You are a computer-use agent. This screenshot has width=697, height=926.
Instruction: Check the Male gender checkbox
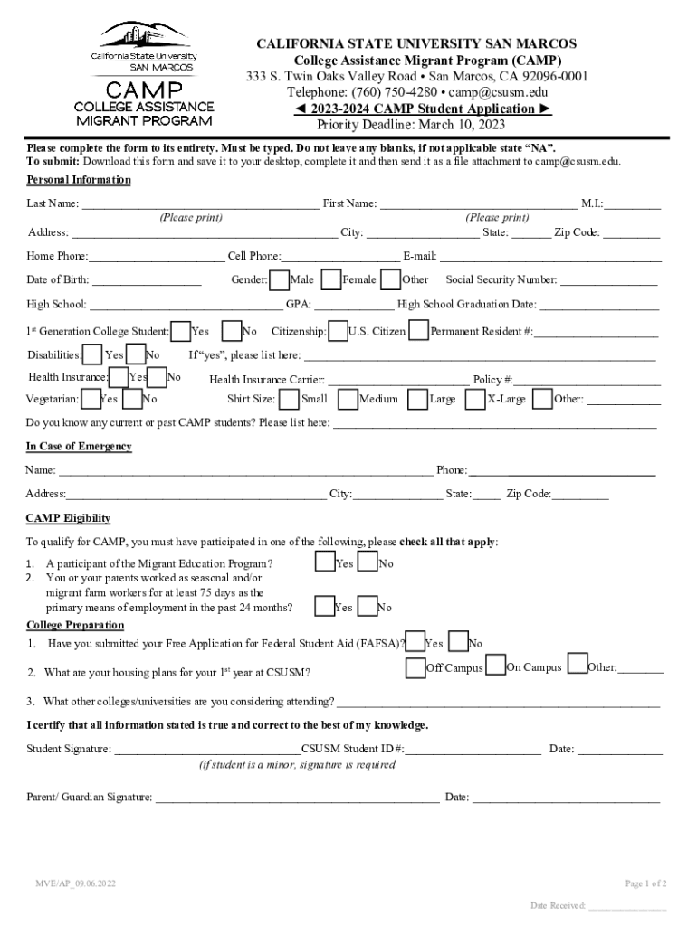pos(280,279)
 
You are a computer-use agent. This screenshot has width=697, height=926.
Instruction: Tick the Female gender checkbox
pos(332,279)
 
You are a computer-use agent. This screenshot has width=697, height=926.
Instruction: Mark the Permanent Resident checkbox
pos(419,331)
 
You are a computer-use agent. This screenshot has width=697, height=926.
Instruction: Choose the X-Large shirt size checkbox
pos(475,399)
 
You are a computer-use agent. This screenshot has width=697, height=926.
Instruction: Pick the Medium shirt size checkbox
pos(348,399)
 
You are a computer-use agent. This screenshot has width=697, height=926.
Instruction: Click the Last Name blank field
pos(199,204)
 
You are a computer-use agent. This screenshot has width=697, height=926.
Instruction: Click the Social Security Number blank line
pos(608,281)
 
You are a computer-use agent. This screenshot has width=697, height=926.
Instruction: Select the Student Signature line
pos(207,750)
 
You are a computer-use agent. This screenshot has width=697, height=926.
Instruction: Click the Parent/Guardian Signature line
pos(298,798)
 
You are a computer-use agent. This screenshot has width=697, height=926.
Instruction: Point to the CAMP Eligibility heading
pos(69,518)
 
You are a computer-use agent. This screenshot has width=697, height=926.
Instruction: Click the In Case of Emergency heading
pos(79,447)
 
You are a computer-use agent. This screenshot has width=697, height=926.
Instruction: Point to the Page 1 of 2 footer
pos(645,883)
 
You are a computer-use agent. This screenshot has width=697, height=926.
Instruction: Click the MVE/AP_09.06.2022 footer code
pos(76,883)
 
